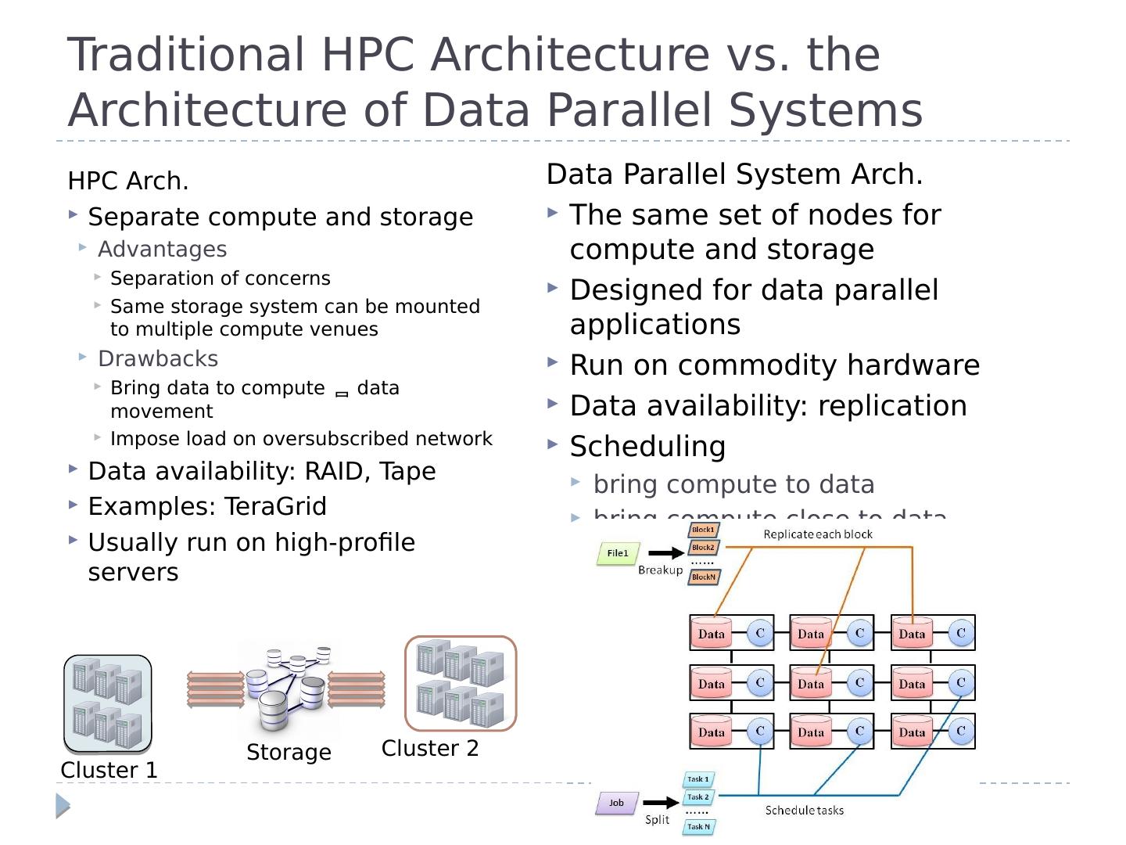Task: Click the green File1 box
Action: [618, 554]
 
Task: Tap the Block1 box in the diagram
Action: [702, 530]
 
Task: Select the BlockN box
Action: [703, 577]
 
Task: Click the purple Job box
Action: [616, 803]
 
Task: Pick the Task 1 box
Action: [697, 779]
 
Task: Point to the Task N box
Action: [698, 827]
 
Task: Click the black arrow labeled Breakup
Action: [665, 554]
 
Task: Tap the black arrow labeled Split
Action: [661, 803]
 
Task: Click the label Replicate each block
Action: [818, 534]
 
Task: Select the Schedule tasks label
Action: [804, 811]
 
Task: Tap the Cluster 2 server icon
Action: [461, 683]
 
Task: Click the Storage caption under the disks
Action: [289, 753]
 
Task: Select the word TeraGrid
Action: [275, 507]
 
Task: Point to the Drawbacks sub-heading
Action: [158, 359]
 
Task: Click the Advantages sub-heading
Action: [162, 250]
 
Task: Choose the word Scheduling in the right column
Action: [647, 447]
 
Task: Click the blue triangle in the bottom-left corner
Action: [63, 806]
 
